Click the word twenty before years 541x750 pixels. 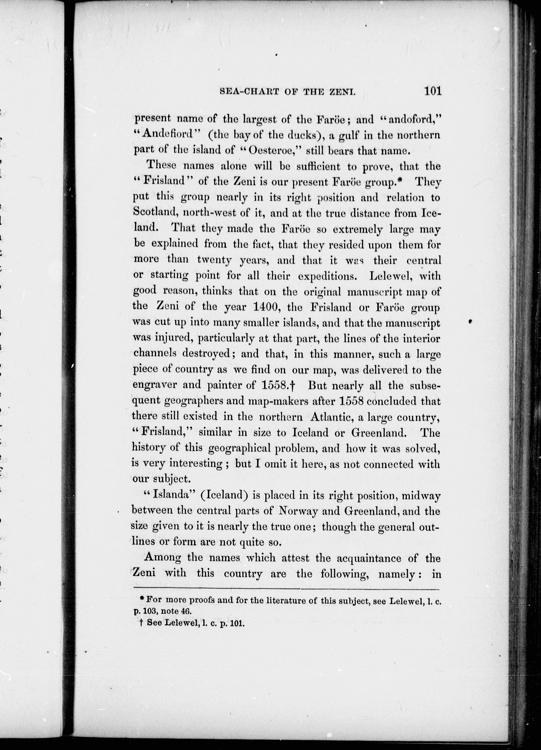[214, 260]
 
